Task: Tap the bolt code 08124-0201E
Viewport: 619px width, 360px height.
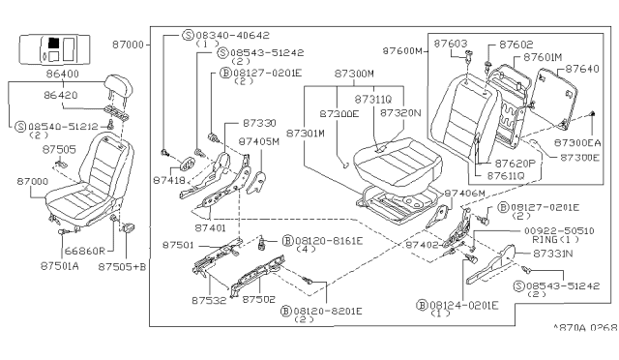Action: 465,305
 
